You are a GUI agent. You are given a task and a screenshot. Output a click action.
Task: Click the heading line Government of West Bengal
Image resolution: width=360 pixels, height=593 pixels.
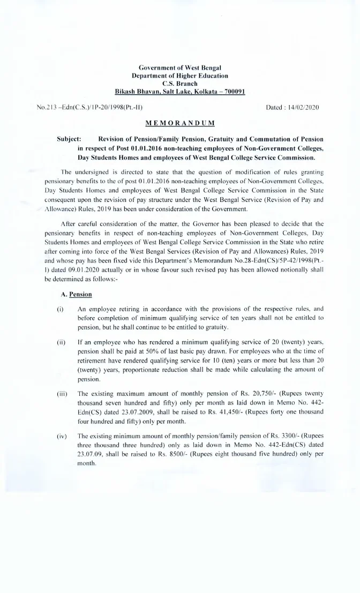(x=180, y=68)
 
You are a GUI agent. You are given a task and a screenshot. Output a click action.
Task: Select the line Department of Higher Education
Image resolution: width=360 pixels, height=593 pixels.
(x=180, y=76)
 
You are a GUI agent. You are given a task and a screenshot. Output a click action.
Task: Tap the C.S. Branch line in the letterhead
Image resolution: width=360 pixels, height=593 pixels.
(x=180, y=84)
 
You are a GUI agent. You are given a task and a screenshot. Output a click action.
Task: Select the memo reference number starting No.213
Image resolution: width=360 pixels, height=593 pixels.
(x=89, y=108)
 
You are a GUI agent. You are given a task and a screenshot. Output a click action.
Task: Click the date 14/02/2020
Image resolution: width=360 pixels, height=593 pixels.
(x=302, y=108)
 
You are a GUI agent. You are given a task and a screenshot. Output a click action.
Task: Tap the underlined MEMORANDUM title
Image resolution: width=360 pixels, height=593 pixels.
(x=180, y=123)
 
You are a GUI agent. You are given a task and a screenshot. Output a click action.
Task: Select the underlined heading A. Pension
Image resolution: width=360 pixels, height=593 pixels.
(x=78, y=294)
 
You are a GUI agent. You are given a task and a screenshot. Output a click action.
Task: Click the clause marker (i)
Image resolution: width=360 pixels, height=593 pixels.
(x=59, y=309)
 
